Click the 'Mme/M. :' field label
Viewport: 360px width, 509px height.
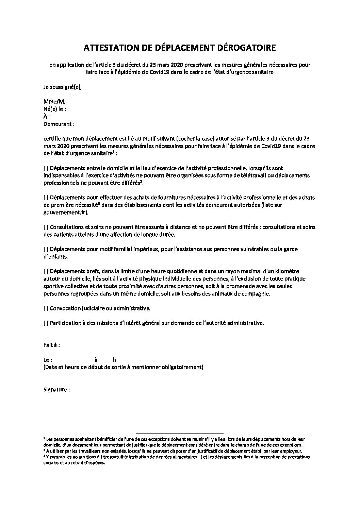[x=56, y=102]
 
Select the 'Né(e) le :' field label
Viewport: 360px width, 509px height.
[x=54, y=109]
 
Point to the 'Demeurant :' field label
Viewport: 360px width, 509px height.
[x=59, y=124]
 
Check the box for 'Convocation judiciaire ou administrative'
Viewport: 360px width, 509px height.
[x=46, y=308]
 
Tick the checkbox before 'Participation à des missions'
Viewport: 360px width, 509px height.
[x=46, y=323]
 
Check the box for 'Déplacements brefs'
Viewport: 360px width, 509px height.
[x=46, y=271]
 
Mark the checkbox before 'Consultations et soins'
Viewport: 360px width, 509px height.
[x=46, y=227]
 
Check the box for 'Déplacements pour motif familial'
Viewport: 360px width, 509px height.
[x=46, y=249]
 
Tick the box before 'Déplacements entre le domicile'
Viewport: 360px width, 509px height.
[x=46, y=168]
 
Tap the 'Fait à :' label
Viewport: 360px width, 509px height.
[x=52, y=345]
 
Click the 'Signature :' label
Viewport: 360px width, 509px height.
[x=57, y=390]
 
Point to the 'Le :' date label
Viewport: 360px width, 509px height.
[x=48, y=360]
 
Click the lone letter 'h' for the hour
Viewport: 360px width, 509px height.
[x=114, y=360]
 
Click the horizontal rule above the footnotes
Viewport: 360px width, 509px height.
[x=180, y=430]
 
